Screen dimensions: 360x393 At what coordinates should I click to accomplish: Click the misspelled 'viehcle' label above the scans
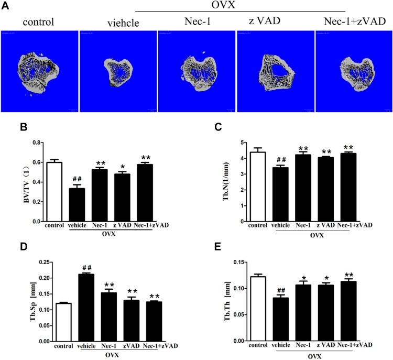118,23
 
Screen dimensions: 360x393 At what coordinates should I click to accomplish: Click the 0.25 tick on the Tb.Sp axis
32,262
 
